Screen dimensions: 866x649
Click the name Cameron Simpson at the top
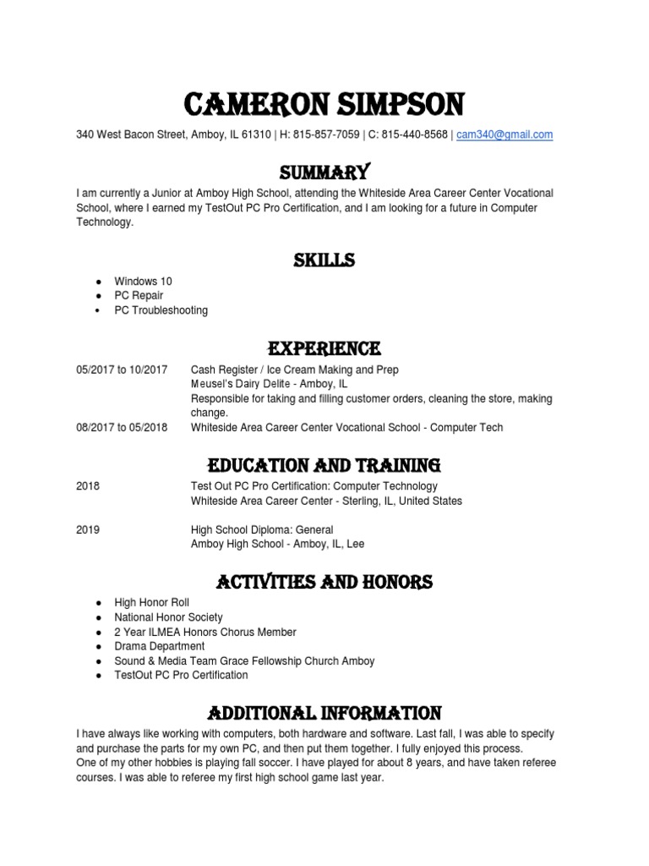324,105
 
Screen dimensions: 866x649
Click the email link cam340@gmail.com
504,134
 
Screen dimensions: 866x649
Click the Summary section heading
324,173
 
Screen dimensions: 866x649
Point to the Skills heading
324,260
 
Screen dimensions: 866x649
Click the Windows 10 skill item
143,281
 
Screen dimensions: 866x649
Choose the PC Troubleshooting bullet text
161,310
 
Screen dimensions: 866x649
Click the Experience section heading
324,348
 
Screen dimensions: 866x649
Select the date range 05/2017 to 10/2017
122,370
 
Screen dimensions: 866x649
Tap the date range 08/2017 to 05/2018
122,427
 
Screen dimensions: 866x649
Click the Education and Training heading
324,464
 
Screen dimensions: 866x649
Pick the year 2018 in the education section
88,486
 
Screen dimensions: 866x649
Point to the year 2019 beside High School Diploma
88,529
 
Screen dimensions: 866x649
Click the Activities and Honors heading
324,582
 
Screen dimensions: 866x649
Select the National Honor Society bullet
169,617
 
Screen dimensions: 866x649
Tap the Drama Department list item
159,646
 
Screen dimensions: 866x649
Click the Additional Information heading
324,712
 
